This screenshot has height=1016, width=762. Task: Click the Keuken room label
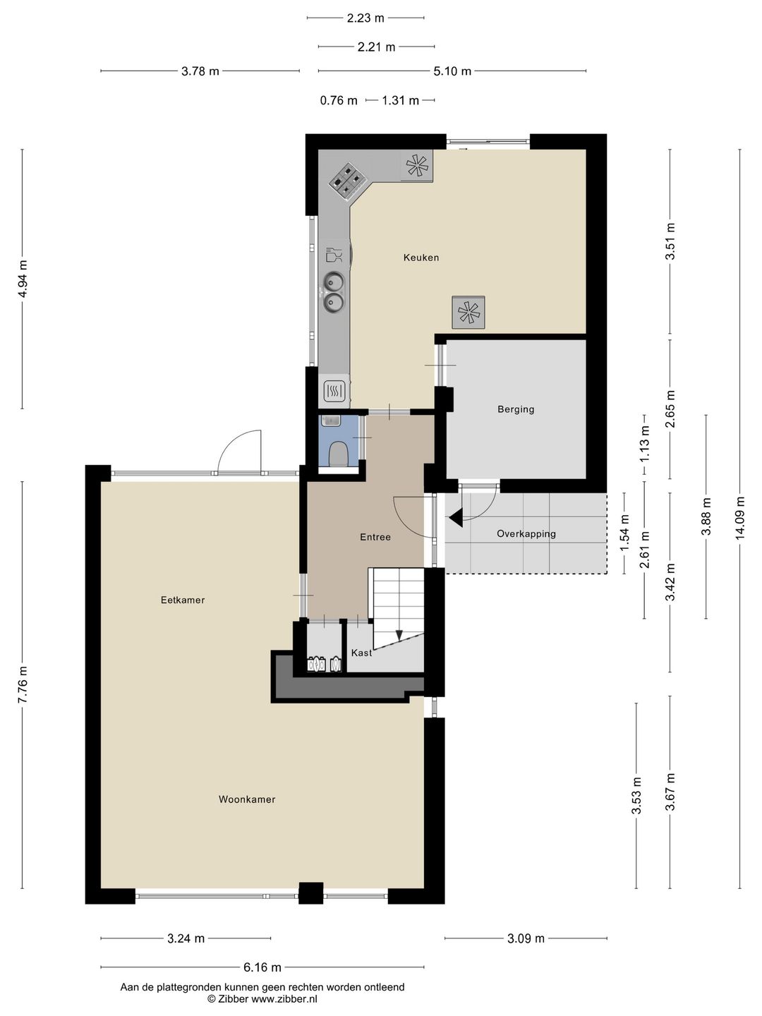pos(421,258)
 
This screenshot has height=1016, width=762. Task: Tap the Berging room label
pos(516,409)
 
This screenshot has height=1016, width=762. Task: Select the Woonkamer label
pos(247,799)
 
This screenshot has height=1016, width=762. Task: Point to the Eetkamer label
pos(183,600)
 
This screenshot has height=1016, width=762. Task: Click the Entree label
pos(375,537)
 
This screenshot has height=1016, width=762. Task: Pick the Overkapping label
pos(526,533)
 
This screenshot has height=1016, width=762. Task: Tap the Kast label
pos(361,653)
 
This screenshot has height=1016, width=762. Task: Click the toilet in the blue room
pos(339,454)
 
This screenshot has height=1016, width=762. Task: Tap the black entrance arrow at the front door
pos(456,518)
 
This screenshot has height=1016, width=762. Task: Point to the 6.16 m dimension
pos(262,967)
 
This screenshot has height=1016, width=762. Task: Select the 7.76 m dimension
pos(23,684)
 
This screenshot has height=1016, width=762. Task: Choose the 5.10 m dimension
pos(452,71)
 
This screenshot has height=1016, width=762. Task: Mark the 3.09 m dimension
pos(526,938)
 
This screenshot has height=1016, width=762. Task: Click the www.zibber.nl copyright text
pos(262,999)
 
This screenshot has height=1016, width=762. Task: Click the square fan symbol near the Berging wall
pos(468,312)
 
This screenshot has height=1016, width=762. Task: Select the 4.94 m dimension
pos(23,279)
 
